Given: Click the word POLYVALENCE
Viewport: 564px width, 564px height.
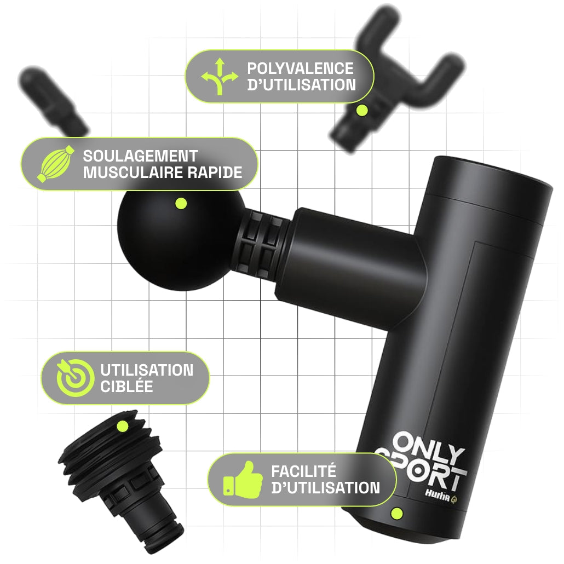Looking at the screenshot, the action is click(301, 68).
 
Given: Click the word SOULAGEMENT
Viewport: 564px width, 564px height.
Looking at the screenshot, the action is click(140, 156).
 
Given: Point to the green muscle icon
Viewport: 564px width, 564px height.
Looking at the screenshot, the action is click(55, 164).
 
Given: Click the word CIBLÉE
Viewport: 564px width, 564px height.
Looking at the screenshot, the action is click(126, 387).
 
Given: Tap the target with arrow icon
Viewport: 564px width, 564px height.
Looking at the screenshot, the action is click(73, 378).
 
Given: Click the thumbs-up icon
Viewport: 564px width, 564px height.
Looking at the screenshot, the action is click(243, 480).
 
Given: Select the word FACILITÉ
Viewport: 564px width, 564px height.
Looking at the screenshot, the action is click(303, 471).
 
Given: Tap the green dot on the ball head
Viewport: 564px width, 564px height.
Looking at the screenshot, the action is click(181, 204).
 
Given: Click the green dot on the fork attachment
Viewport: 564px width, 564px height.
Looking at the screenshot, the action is click(362, 111).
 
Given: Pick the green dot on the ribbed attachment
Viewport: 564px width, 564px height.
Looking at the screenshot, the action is click(122, 427).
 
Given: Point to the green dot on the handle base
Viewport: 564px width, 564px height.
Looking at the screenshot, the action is click(397, 513).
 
